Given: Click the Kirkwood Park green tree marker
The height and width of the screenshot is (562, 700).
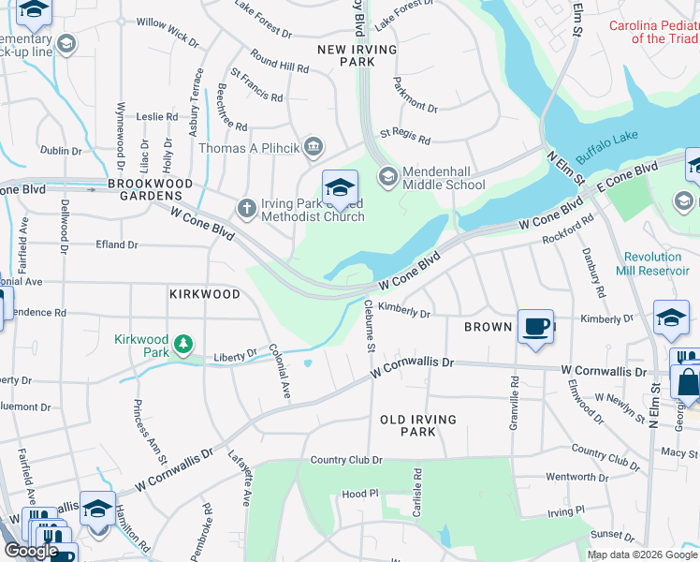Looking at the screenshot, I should pos(185,346).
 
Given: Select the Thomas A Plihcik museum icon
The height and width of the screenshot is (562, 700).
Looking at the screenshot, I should pos(314,147).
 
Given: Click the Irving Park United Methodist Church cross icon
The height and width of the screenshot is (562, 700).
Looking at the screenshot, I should pos(246,208).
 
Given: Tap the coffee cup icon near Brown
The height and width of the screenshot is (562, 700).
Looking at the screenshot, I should pos(535,326).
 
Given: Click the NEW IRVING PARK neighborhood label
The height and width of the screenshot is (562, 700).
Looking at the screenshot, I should pos(357,55).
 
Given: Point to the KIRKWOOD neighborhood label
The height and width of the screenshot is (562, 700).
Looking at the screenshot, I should pos(205,294).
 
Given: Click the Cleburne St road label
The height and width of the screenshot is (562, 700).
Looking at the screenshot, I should pos(370,327).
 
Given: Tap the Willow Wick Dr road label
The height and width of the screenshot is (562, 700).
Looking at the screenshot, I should pos(168,34).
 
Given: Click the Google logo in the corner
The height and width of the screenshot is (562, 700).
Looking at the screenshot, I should pos(31,551).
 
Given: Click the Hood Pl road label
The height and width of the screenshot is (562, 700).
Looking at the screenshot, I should pos(359,494).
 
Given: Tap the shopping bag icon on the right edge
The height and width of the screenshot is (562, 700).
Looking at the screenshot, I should pos(687,383).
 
